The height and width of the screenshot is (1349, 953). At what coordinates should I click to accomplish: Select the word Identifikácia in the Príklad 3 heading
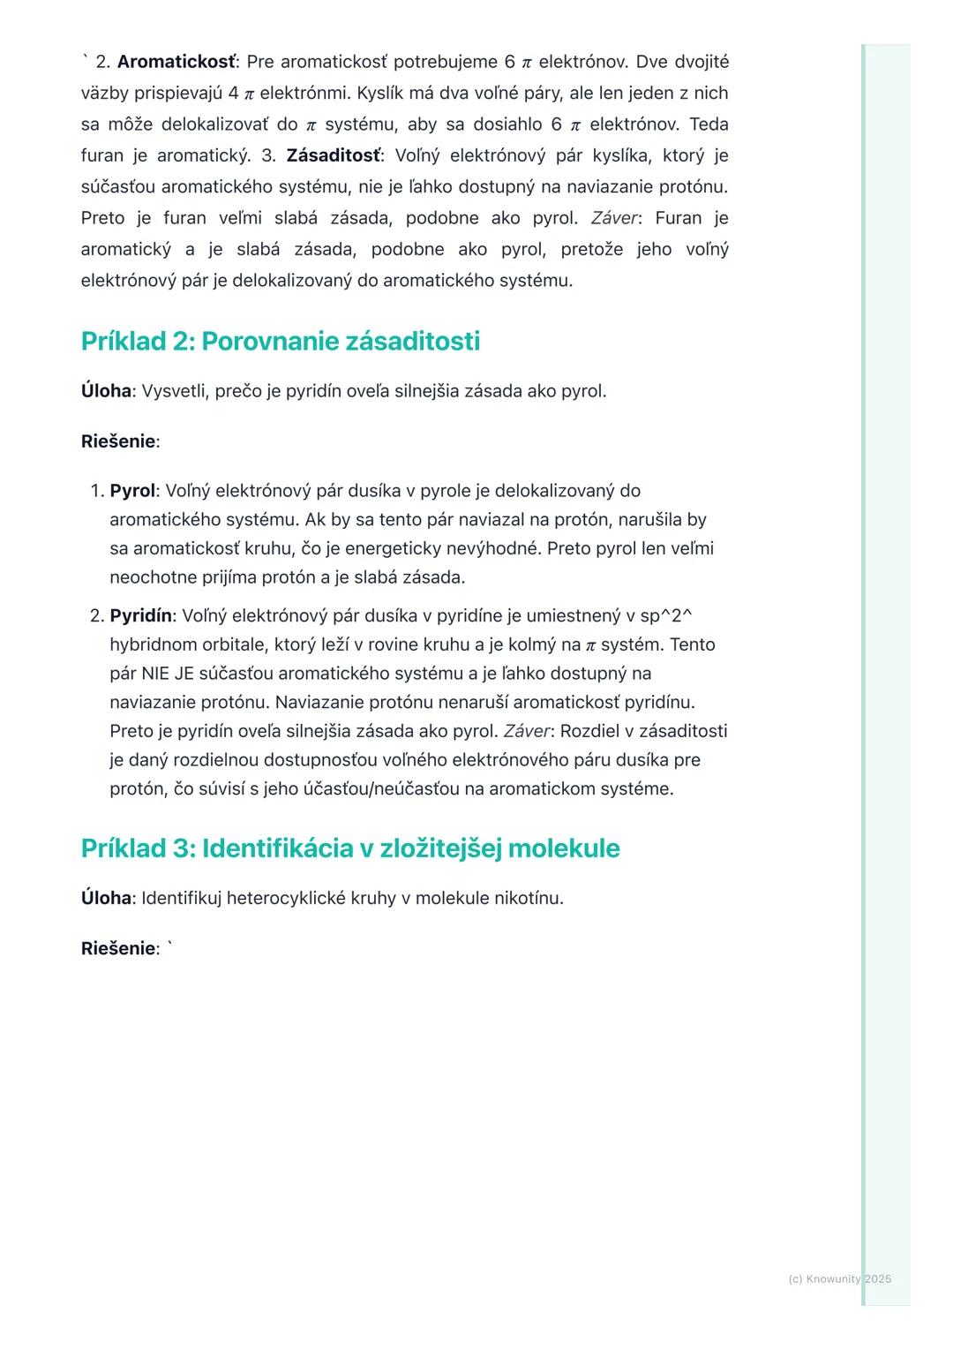[x=276, y=848]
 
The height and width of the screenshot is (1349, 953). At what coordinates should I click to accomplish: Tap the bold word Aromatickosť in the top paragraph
[x=176, y=62]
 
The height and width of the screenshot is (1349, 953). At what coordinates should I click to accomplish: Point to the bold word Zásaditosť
[x=334, y=155]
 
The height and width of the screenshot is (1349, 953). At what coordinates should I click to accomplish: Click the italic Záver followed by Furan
[x=614, y=218]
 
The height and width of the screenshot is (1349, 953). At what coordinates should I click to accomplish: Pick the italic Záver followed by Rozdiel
[x=527, y=731]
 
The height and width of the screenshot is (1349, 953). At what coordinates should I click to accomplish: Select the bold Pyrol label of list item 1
[x=131, y=491]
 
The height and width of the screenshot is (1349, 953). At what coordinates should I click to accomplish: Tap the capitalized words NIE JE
[x=168, y=674]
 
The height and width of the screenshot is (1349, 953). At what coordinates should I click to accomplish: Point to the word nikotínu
[x=527, y=898]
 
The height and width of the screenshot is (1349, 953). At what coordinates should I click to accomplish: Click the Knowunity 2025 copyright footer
[x=839, y=1278]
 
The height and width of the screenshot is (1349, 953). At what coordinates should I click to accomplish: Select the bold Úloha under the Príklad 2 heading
[x=106, y=391]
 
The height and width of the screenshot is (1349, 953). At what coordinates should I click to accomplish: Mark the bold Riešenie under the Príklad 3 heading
[x=117, y=948]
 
